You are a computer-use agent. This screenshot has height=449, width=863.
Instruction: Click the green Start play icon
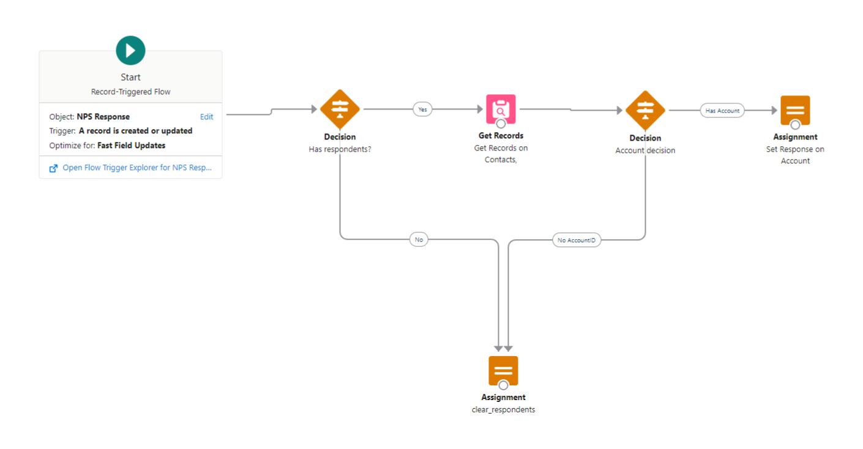(x=130, y=50)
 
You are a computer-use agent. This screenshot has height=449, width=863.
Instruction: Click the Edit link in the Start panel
(x=206, y=117)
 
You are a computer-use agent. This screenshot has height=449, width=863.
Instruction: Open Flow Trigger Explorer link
(x=137, y=168)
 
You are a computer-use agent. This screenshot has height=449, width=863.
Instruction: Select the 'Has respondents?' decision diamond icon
(x=340, y=109)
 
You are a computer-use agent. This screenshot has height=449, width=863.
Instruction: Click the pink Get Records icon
(x=501, y=109)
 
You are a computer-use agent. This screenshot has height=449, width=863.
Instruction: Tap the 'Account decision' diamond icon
(x=645, y=110)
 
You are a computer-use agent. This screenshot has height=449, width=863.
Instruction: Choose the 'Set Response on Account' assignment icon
(x=795, y=111)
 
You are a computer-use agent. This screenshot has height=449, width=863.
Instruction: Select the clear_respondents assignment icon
(x=503, y=371)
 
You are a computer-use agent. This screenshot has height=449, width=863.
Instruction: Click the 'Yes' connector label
(x=422, y=109)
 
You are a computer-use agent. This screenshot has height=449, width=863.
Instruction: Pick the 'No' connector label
(x=419, y=240)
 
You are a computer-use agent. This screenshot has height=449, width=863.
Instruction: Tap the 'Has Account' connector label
(x=722, y=111)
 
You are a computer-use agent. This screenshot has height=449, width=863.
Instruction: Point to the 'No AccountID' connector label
(x=576, y=240)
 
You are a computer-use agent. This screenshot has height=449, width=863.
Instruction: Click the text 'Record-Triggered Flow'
(x=130, y=92)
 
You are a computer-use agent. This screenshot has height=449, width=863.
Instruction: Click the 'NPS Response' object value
(x=103, y=117)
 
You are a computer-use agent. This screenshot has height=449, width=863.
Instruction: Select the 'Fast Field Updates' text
(x=131, y=146)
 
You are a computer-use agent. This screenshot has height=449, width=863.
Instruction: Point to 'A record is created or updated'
(x=135, y=131)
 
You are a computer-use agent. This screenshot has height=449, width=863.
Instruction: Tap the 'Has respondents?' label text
(x=340, y=149)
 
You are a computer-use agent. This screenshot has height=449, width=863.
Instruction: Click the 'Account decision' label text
(x=645, y=150)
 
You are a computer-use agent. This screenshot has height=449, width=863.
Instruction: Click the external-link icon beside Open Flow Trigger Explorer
(x=53, y=168)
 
